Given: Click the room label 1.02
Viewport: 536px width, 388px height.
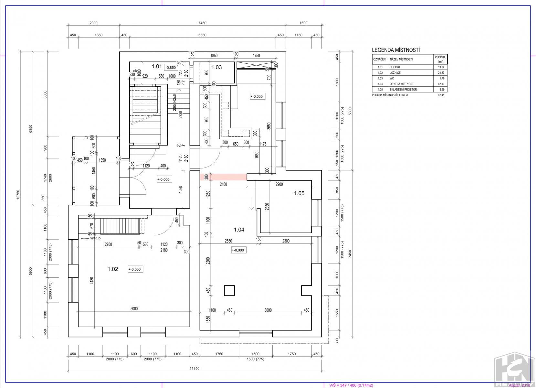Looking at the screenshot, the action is [113, 269].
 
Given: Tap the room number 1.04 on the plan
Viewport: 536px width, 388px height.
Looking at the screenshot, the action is [239, 230].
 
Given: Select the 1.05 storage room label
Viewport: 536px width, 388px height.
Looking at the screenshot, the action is [299, 193].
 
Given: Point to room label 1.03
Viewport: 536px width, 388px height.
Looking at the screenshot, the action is [216, 67].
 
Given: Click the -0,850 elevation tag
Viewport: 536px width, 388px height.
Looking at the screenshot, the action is [171, 68].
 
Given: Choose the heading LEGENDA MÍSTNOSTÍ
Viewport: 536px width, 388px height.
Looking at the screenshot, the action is [396, 50].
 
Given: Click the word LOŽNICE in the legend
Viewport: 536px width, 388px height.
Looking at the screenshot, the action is [395, 73].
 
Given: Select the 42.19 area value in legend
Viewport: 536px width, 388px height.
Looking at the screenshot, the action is [441, 84].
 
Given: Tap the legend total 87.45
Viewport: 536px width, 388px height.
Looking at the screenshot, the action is [441, 95].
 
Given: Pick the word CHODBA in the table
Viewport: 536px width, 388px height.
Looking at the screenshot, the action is [395, 67].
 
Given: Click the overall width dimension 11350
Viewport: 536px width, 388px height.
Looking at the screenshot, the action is [194, 369].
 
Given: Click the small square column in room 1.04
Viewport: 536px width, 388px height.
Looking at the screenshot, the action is [229, 291].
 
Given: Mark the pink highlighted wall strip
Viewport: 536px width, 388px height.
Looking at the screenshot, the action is [223, 177].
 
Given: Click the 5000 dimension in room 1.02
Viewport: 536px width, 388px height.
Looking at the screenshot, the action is [134, 308].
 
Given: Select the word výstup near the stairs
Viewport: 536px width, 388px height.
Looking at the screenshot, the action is [96, 238].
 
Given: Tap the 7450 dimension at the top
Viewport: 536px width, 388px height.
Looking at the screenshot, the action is [202, 23].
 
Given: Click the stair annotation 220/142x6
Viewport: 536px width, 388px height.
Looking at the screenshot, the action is [175, 102].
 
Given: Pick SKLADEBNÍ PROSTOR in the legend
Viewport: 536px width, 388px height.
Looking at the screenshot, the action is [403, 90].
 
